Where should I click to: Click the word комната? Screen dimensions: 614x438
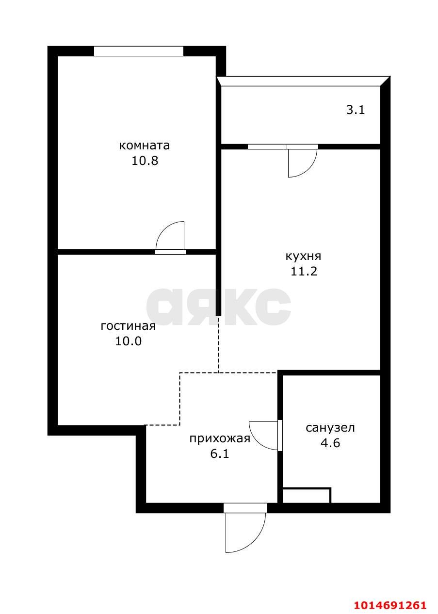(x=145, y=145)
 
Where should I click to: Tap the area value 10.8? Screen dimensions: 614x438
(x=145, y=161)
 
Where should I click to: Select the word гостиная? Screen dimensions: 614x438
(x=128, y=326)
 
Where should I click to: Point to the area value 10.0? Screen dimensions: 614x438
(x=128, y=341)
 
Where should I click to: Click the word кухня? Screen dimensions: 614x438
(x=303, y=256)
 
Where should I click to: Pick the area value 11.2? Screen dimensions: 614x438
(x=304, y=271)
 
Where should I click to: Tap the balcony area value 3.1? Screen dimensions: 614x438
(x=355, y=110)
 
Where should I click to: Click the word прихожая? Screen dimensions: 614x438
(x=220, y=439)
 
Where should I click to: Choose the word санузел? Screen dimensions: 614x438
(x=330, y=428)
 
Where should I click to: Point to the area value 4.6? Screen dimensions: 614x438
(x=330, y=443)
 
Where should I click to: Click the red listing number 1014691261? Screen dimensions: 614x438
(x=390, y=605)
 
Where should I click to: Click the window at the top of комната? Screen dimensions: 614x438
(x=138, y=51)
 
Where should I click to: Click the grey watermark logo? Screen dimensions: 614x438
(x=219, y=307)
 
